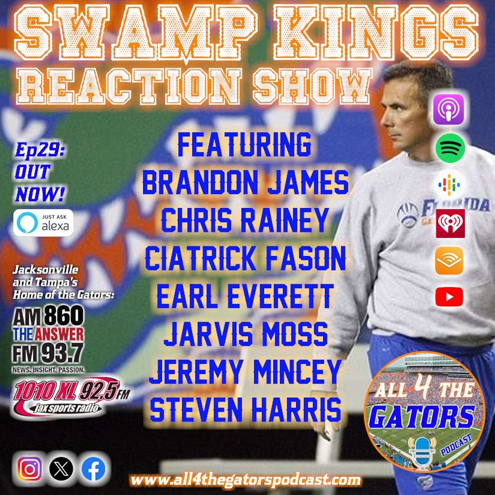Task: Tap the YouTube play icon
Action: [449, 297]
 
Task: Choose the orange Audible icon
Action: [449, 261]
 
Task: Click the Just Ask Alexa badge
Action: [43, 222]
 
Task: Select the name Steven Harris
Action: [245, 409]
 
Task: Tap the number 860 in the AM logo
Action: [64, 316]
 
